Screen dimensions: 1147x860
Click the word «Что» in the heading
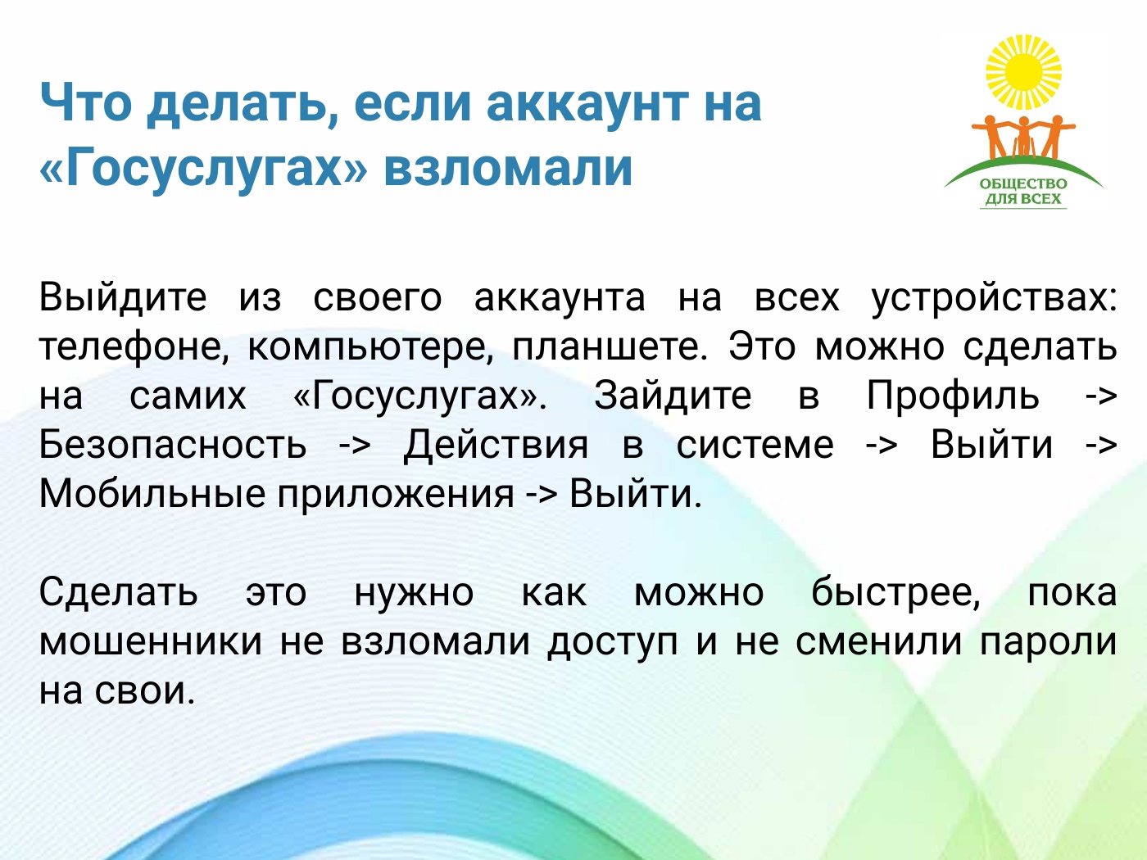click(86, 102)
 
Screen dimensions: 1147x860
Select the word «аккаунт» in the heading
click(587, 103)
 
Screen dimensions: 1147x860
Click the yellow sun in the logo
click(1023, 73)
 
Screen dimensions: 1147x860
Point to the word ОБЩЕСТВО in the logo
click(1023, 183)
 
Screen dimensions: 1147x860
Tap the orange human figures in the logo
click(1023, 137)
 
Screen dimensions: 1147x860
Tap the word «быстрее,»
click(895, 593)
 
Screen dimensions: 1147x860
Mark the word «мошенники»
click(151, 643)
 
